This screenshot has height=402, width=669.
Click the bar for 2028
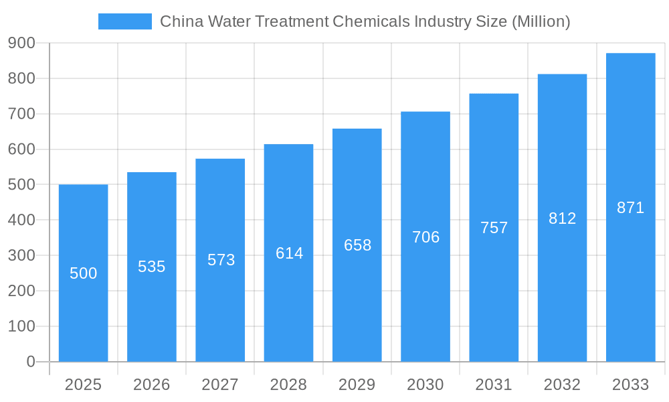[x=288, y=301]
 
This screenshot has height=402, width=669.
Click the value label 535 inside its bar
[x=152, y=267]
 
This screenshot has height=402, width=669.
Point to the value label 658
[x=357, y=245]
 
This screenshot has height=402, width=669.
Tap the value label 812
[x=562, y=218]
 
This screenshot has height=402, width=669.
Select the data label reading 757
[x=494, y=228]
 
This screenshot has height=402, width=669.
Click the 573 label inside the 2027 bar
[x=221, y=260]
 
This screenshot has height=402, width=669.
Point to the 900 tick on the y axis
[x=22, y=43]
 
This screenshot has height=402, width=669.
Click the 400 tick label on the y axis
[x=22, y=220]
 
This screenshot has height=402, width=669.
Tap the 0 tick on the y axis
[x=31, y=362]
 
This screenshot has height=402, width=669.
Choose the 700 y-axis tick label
[x=22, y=114]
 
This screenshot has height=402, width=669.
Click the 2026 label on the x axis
[x=152, y=385]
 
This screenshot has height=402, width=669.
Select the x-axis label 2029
[x=357, y=385]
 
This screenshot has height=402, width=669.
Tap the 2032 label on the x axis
[x=562, y=385]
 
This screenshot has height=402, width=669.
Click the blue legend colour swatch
[x=125, y=21]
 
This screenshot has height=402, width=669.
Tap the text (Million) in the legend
[x=541, y=21]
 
